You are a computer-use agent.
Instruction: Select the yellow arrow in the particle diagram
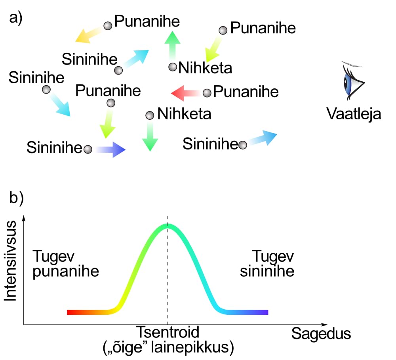(x=89, y=36)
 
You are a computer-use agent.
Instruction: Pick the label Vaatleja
(x=354, y=114)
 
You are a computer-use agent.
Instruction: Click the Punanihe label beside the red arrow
(x=246, y=92)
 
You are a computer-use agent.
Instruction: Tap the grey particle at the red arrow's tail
(x=207, y=93)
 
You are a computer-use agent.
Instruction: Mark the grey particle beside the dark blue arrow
(x=88, y=149)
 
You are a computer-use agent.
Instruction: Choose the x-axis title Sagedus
(x=321, y=334)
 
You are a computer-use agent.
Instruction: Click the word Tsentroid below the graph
(x=168, y=332)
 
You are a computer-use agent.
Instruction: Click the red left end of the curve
(x=71, y=312)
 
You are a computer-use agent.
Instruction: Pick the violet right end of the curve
(x=265, y=312)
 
